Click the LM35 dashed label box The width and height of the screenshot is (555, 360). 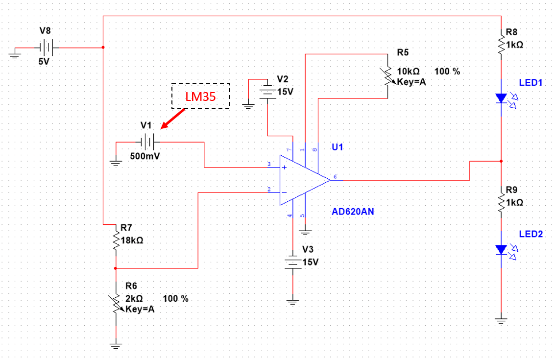click(x=200, y=96)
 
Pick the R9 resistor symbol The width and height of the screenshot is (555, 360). click(x=501, y=201)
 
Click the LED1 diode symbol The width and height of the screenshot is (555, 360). click(x=501, y=98)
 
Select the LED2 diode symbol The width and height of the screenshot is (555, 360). click(x=501, y=250)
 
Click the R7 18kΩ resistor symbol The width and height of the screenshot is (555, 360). click(x=116, y=240)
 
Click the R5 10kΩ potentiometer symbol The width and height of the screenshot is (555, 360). click(x=387, y=76)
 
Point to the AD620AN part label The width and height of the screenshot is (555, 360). click(x=353, y=212)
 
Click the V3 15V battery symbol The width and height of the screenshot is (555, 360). click(x=292, y=261)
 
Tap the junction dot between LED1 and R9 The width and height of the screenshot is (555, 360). click(x=501, y=161)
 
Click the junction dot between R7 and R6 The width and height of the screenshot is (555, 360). click(x=116, y=268)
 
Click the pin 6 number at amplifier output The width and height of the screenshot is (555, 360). click(x=335, y=176)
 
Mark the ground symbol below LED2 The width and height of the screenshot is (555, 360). click(x=501, y=321)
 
